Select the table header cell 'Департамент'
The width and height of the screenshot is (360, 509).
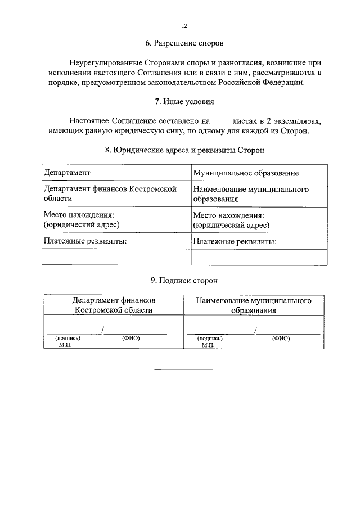(x=67, y=173)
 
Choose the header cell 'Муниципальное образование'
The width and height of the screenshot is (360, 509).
(x=245, y=173)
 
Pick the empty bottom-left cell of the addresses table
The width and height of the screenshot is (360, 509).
(x=116, y=257)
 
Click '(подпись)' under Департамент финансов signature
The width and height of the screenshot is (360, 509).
(x=67, y=339)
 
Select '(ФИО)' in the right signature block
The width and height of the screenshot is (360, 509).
(x=281, y=339)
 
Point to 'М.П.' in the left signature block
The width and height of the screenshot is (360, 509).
(x=65, y=345)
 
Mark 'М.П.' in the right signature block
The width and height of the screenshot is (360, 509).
(x=208, y=345)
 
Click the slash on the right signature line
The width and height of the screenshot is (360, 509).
(x=256, y=330)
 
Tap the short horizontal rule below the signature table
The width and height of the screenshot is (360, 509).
(x=184, y=370)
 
